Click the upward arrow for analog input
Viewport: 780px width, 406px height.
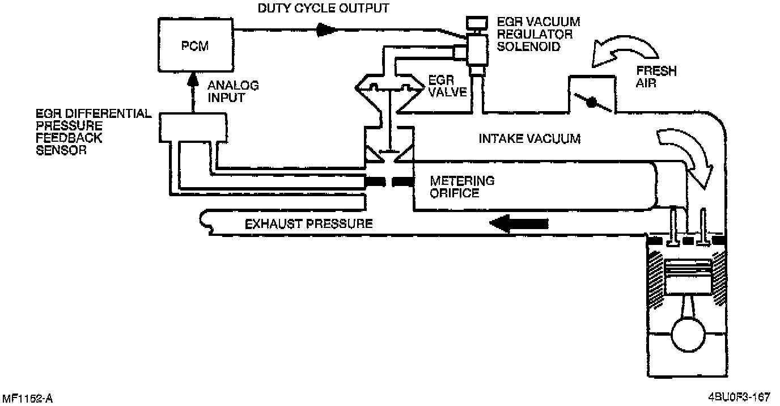point(194,88)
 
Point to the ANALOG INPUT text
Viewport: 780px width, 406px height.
point(232,92)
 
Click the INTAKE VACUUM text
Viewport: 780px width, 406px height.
point(529,138)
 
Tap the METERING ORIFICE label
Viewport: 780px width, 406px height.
point(461,187)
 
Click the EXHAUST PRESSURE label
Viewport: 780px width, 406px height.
point(308,223)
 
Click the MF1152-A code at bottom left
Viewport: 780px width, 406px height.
point(27,399)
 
